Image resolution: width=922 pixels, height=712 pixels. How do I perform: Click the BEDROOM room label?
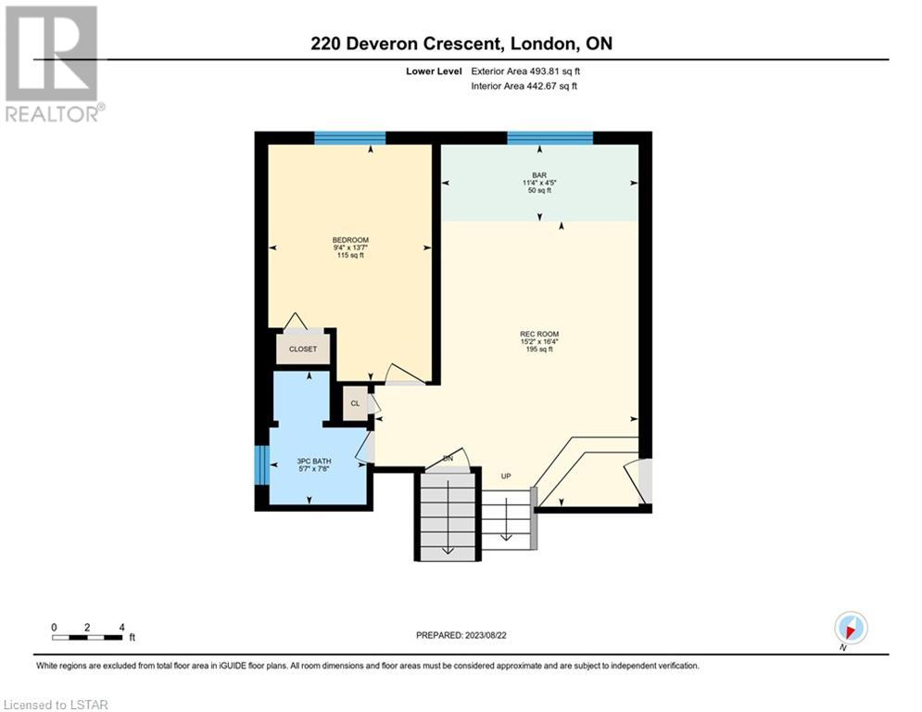click(x=350, y=240)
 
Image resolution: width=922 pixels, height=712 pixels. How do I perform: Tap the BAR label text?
click(x=539, y=175)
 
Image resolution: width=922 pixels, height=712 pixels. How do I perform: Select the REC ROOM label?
click(x=539, y=335)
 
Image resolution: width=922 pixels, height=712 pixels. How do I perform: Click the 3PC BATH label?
click(x=314, y=462)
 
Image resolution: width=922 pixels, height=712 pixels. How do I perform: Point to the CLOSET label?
click(x=303, y=349)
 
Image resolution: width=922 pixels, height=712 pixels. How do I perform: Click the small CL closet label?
click(x=355, y=403)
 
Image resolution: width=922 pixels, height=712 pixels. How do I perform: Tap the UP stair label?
click(x=506, y=476)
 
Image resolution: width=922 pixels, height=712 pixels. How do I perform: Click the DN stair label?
click(x=448, y=458)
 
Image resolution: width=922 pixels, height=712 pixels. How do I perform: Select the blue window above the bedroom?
click(x=350, y=138)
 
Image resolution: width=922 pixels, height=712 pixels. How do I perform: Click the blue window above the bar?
click(x=549, y=138)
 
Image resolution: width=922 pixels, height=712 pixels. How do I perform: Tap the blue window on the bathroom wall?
click(x=261, y=464)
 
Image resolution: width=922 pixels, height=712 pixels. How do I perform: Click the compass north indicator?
click(x=851, y=629)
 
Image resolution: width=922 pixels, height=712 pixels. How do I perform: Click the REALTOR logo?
click(x=54, y=64)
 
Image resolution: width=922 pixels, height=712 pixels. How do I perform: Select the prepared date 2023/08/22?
click(x=486, y=635)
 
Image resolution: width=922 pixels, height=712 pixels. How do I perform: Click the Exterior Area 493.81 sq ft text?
click(x=525, y=71)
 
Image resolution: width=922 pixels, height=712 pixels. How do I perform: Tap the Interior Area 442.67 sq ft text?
click(x=524, y=86)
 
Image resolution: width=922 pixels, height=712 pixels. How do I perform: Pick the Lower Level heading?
click(x=434, y=71)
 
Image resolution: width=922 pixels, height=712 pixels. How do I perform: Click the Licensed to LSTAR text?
click(x=56, y=705)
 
